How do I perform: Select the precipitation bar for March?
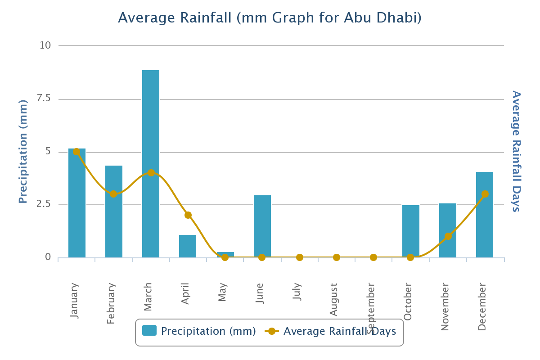151,164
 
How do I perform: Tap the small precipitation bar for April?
188,246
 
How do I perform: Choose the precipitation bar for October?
411,231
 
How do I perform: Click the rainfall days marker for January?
76,152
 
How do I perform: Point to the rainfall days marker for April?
188,215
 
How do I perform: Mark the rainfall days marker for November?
448,236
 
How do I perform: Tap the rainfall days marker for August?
337,257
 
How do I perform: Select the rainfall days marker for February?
113,194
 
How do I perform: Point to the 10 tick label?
46,45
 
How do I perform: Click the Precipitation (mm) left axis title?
23,151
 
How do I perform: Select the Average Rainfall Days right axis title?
516,151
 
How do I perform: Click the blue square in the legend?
149,331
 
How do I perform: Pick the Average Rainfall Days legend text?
340,331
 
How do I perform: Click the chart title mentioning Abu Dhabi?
270,18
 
